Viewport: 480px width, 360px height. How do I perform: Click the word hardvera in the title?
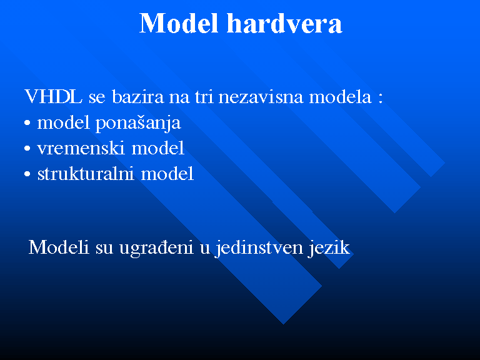pos(284,23)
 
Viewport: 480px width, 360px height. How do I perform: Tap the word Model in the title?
pos(179,23)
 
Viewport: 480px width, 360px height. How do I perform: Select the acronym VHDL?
pos(54,97)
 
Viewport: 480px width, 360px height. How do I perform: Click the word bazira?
pos(138,97)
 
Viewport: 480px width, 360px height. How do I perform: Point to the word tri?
pos(204,97)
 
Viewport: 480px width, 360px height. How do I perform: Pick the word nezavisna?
pos(261,97)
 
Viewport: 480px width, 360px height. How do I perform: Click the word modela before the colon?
pos(340,97)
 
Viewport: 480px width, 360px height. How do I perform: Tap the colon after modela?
pos(381,99)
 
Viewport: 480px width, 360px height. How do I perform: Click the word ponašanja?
pos(138,123)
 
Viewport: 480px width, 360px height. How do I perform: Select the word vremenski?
pos(81,148)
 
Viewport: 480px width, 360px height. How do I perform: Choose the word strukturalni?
pos(86,174)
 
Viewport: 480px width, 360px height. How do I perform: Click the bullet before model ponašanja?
pos(27,123)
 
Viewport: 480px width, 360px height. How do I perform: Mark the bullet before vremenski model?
pos(27,149)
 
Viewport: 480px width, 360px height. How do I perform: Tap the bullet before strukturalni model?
pos(27,174)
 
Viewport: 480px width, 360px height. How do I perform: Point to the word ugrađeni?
pos(156,248)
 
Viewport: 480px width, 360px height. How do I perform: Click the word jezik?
pos(329,248)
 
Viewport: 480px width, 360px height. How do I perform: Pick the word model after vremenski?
pos(158,148)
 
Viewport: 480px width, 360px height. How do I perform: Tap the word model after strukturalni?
pos(167,174)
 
